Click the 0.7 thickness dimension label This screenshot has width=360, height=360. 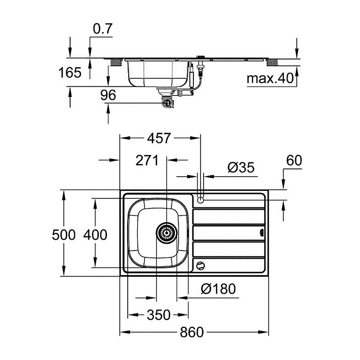103,29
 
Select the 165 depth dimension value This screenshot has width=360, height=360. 70,72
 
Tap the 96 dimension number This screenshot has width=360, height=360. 108,95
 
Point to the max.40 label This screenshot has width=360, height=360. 270,78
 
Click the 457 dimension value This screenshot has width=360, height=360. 159,138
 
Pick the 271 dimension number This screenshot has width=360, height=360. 147,160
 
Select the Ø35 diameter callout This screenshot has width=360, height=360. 241,168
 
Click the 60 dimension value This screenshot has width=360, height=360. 294,160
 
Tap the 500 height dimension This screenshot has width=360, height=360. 63,235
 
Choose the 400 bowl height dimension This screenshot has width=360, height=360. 95,235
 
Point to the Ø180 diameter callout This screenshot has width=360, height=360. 218,289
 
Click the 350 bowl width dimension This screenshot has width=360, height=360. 159,315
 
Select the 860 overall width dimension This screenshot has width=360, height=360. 192,332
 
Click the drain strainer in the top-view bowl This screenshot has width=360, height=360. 167,233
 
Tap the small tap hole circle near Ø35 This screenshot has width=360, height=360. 201,200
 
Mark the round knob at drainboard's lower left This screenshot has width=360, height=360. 201,266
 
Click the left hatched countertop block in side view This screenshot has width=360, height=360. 116,63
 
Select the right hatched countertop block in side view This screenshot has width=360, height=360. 272,63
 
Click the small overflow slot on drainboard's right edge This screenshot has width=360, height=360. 262,233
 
